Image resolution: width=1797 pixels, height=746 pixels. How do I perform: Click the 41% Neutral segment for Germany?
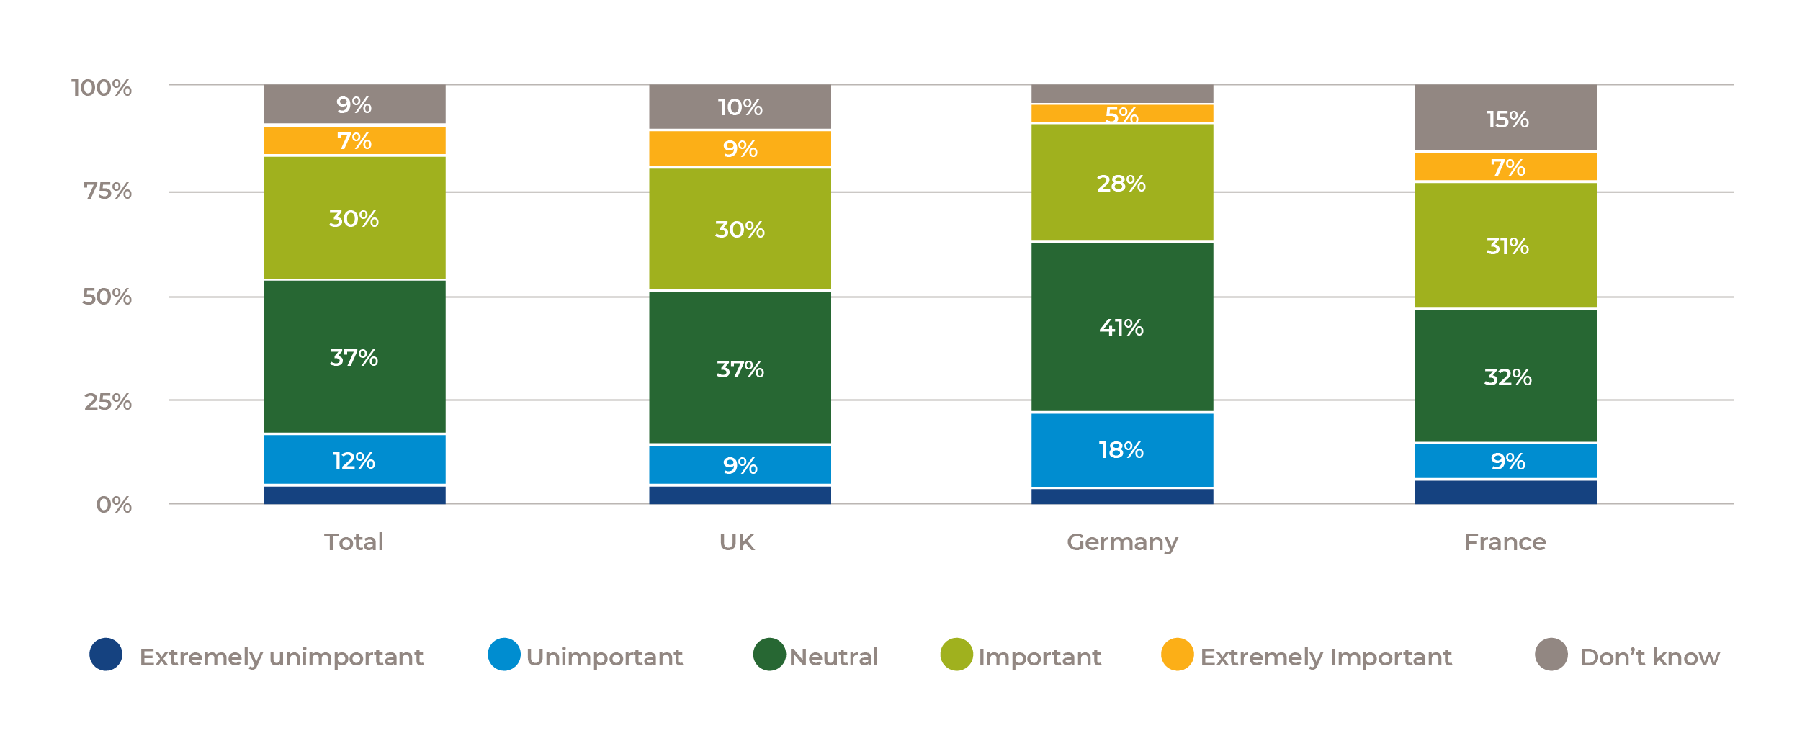(x=1121, y=327)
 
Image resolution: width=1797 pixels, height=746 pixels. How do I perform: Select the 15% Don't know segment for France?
(x=1506, y=118)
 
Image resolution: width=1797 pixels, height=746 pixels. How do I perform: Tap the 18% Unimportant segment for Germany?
(x=1121, y=450)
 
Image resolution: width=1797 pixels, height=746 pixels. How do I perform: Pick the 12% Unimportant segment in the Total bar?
(x=354, y=459)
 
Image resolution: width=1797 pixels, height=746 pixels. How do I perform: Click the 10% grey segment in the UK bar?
(x=740, y=107)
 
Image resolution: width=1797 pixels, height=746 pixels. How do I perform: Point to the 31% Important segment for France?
(x=1506, y=246)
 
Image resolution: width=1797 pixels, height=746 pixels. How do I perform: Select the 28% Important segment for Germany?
(x=1121, y=183)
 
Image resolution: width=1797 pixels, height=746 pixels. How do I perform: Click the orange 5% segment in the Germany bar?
(x=1121, y=114)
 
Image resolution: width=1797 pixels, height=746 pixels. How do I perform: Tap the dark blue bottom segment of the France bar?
(x=1506, y=492)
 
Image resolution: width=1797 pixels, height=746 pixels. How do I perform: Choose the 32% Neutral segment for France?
(x=1506, y=376)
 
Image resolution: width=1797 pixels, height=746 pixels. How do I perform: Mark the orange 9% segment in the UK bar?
(x=740, y=149)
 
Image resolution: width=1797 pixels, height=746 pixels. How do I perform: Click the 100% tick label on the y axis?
(x=102, y=88)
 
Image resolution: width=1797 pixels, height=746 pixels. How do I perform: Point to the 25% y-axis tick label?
(x=107, y=401)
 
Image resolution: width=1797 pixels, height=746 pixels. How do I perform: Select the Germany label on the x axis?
(x=1121, y=542)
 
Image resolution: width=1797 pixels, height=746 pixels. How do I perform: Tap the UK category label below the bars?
(x=737, y=542)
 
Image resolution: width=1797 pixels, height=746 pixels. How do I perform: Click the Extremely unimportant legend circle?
(x=106, y=655)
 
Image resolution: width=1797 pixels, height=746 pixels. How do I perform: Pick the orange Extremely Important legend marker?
(x=1177, y=655)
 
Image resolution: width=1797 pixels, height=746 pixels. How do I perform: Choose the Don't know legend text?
(x=1649, y=657)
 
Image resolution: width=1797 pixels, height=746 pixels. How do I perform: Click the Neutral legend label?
(x=833, y=657)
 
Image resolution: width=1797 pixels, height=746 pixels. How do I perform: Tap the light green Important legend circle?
(x=956, y=655)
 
